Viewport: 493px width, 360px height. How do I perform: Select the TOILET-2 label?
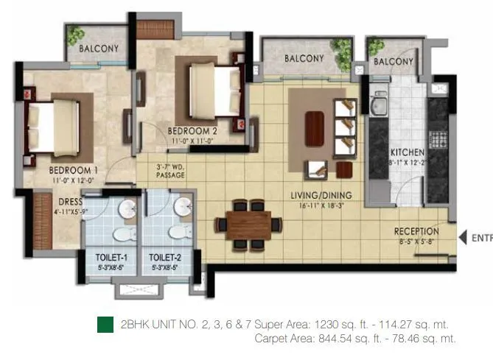165,258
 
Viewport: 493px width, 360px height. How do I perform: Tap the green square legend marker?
105,325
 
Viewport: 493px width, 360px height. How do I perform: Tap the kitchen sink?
380,107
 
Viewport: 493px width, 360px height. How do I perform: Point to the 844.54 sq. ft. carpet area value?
341,339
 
